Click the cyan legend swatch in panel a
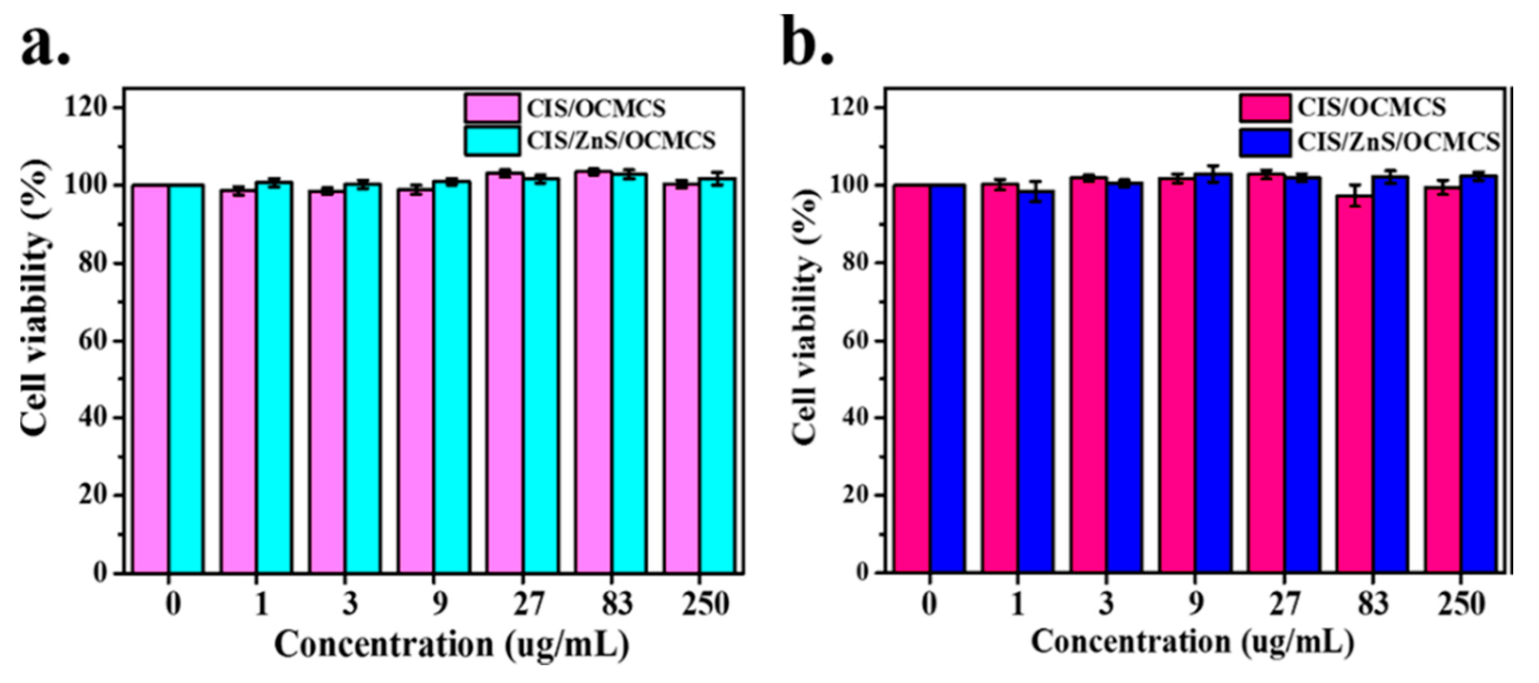pyautogui.click(x=492, y=141)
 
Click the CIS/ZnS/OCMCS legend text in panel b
pyautogui.click(x=1399, y=142)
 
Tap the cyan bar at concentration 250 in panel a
pyautogui.click(x=718, y=376)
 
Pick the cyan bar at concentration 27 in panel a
pyautogui.click(x=540, y=376)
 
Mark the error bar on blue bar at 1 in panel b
pyautogui.click(x=1036, y=191)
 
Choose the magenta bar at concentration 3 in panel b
pyautogui.click(x=1088, y=376)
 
